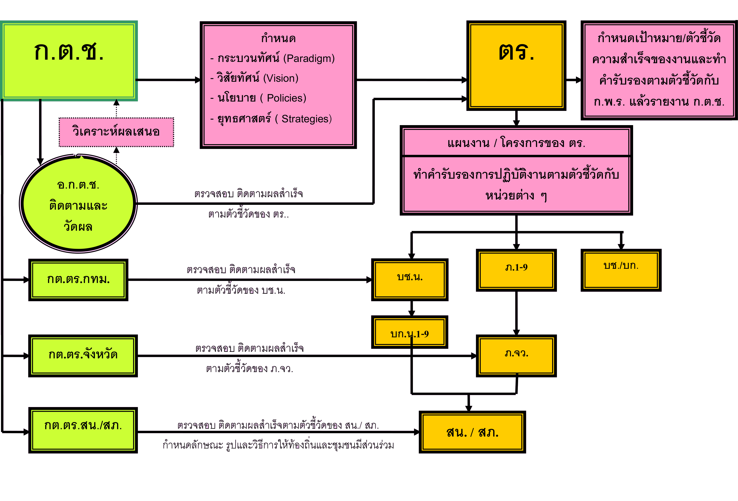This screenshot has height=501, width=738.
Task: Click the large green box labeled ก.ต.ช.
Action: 69,61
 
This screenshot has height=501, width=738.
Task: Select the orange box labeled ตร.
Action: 516,65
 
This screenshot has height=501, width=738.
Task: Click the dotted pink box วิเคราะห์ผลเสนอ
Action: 116,132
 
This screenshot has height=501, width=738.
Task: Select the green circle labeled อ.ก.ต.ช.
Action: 78,204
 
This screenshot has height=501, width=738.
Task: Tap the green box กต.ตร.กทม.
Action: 78,279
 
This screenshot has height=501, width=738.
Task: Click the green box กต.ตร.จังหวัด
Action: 83,355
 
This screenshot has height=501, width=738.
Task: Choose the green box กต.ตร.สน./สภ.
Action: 83,430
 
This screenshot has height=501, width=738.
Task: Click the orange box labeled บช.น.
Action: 410,279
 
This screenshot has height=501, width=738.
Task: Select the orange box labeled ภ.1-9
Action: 516,270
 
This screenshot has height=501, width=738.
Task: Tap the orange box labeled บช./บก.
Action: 621,270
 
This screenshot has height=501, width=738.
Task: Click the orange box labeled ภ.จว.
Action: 516,355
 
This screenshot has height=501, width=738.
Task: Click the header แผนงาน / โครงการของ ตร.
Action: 516,143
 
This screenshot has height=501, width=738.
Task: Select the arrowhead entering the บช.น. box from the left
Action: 369,279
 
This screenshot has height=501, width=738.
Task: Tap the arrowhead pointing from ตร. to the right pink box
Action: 579,80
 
